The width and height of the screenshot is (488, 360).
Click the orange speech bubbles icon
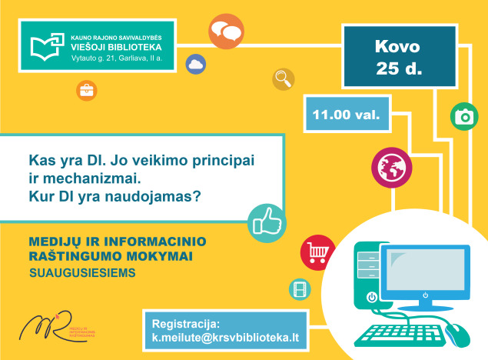(226, 32)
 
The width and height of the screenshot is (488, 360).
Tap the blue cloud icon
(195, 65)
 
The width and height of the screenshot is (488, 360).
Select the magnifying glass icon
(284, 78)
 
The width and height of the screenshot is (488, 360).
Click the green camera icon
(463, 117)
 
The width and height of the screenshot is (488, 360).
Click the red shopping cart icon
(316, 250)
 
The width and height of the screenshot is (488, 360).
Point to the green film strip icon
(299, 289)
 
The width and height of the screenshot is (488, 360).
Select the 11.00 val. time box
(347, 116)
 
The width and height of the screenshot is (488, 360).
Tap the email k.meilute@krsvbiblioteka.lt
(225, 338)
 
